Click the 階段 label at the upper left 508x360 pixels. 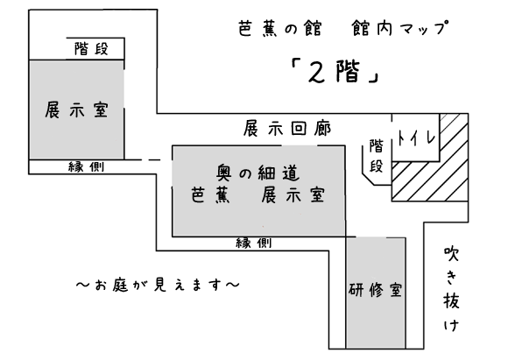point(91,48)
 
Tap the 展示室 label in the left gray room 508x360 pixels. point(76,109)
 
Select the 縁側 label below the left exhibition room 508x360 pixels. point(86,167)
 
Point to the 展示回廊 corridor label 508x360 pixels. point(287,129)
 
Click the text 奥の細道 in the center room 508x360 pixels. point(258,173)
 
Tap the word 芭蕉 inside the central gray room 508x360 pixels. point(210,194)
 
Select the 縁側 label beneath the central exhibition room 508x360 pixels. point(254,243)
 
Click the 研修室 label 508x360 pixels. point(376,290)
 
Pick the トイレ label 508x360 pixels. point(417,138)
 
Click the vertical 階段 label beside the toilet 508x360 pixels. point(376,156)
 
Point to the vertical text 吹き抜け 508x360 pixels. point(451,289)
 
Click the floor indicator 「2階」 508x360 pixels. point(335,72)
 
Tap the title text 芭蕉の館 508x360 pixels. point(280,29)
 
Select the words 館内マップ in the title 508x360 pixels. point(400,28)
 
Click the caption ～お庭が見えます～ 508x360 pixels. point(158,285)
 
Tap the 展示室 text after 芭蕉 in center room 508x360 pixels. point(293,194)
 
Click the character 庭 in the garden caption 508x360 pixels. point(121,285)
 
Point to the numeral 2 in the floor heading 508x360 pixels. point(317,72)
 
